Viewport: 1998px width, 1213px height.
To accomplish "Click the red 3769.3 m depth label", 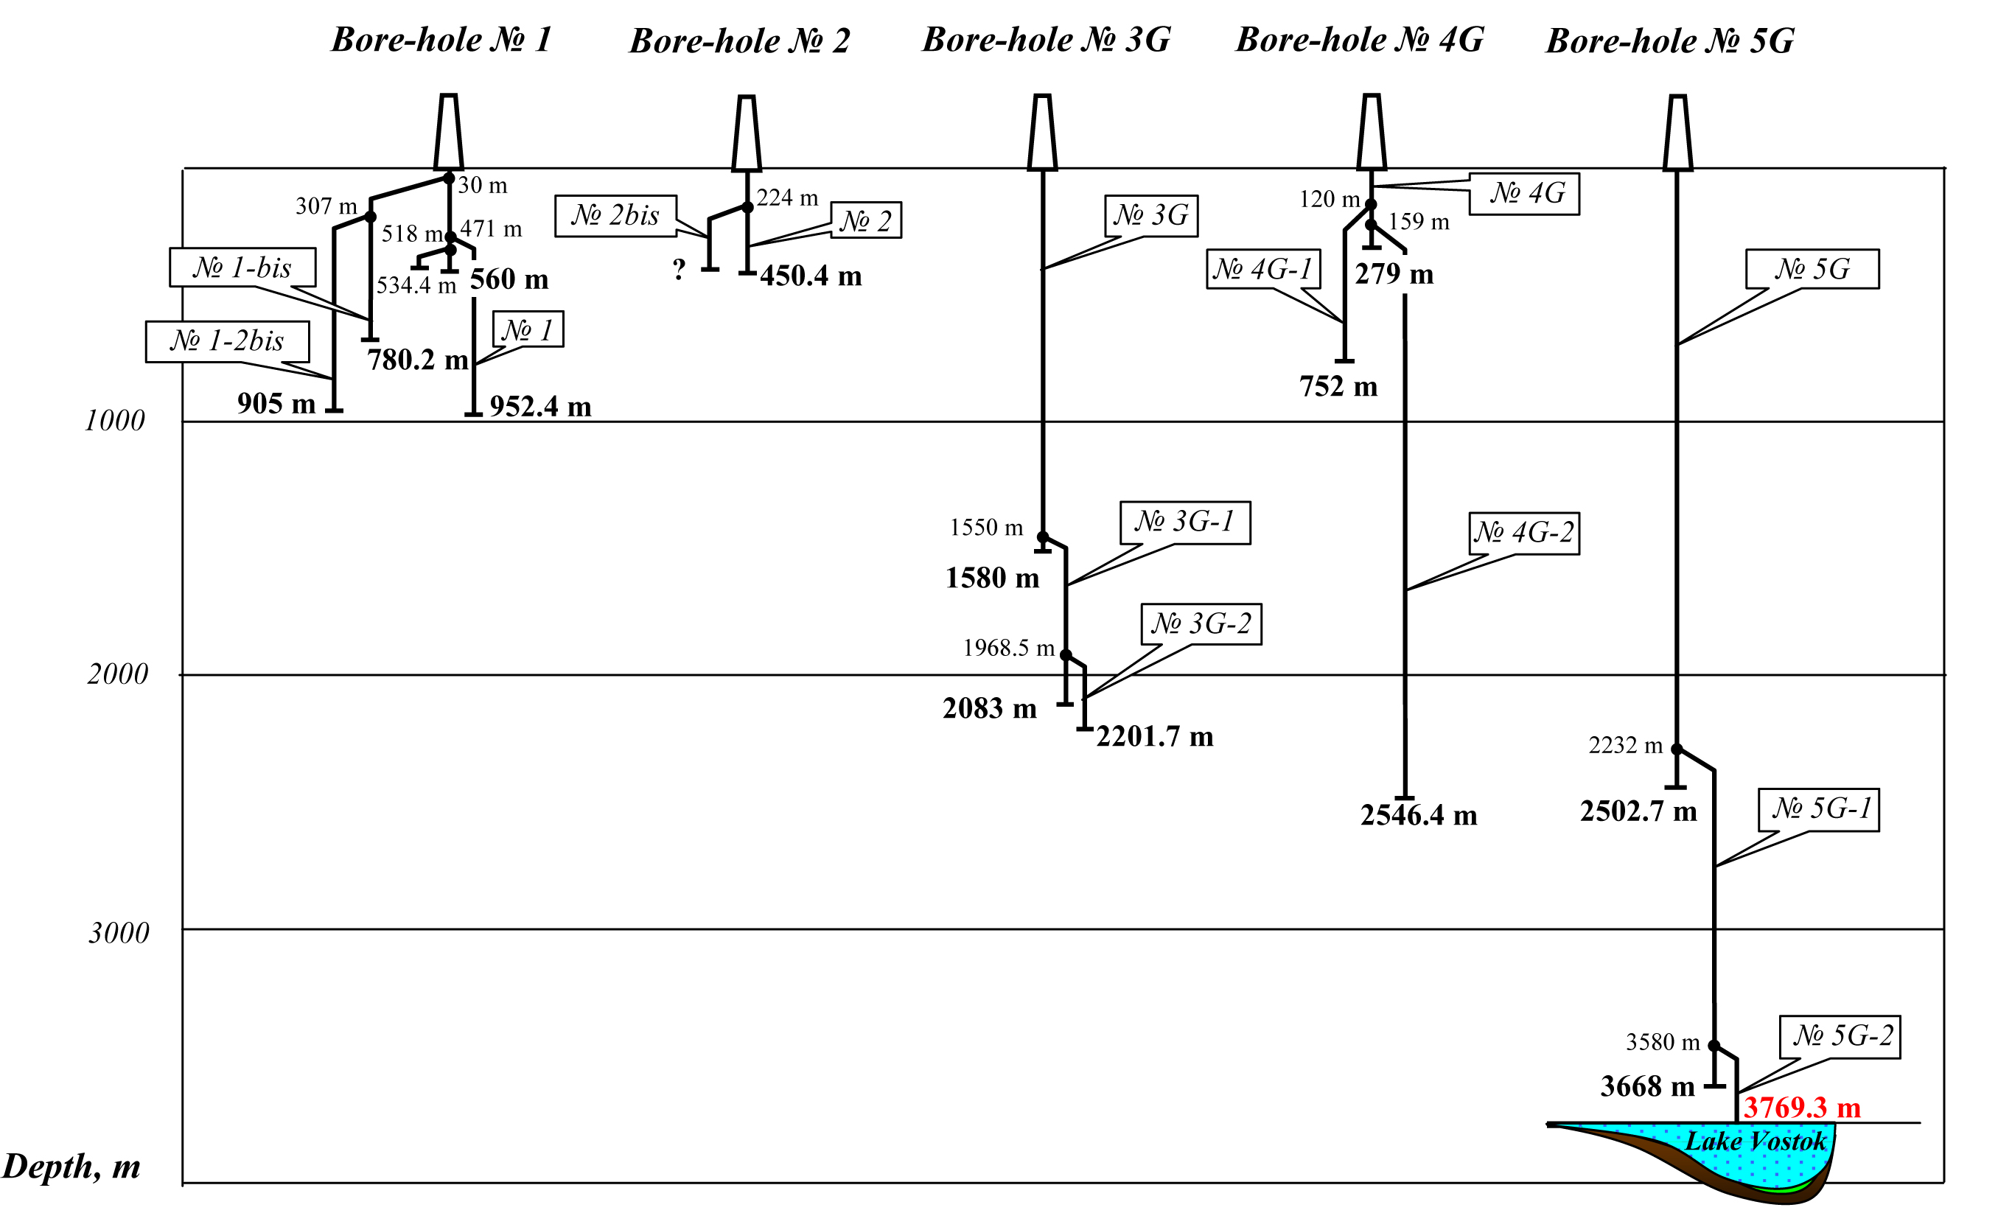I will click(1802, 1108).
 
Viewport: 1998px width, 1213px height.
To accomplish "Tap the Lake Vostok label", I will click(1756, 1142).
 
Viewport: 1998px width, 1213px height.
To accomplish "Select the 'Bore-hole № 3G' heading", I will click(1046, 40).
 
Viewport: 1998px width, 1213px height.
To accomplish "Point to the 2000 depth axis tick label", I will click(118, 674).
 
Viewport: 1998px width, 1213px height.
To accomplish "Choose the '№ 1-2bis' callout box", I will click(227, 341).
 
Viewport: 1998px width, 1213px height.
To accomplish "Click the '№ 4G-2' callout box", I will click(1524, 533).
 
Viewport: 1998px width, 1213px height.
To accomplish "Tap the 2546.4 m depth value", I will click(1419, 816).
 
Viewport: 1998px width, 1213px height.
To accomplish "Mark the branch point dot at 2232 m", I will click(1677, 749).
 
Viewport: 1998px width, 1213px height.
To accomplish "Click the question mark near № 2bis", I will click(680, 269).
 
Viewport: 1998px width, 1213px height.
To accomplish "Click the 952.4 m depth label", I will click(540, 407).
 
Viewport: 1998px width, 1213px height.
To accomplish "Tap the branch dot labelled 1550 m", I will click(1043, 537).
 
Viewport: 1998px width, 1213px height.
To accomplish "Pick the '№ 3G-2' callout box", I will click(1201, 623).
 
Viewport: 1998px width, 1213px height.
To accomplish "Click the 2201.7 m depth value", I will click(1155, 737).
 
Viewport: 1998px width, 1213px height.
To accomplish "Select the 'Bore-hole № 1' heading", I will click(441, 40).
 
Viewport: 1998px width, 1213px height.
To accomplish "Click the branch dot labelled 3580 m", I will click(1714, 1046).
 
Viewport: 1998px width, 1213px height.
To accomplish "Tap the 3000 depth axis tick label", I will click(119, 933).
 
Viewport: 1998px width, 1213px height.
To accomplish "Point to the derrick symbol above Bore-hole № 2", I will click(747, 134).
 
